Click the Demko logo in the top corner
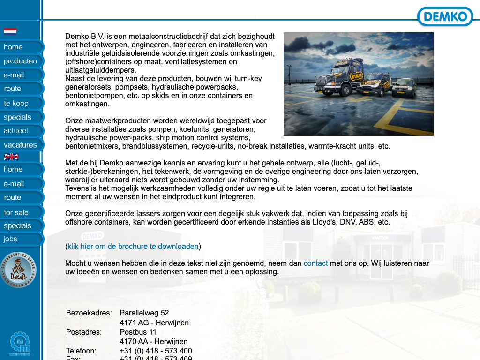click(445, 17)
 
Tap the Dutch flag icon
click(10, 32)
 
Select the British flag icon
click(11, 157)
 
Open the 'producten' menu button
click(21, 61)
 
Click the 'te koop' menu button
click(16, 103)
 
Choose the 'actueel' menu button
click(16, 131)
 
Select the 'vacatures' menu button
click(20, 145)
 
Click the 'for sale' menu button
click(16, 212)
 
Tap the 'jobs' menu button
click(10, 239)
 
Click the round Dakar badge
click(17, 270)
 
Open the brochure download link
click(133, 247)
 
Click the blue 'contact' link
click(315, 263)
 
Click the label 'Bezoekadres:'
click(89, 313)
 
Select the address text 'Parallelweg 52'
click(144, 313)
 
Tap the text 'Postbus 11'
click(138, 332)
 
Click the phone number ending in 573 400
click(156, 351)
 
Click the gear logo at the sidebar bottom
click(20, 344)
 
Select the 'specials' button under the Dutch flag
click(17, 117)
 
